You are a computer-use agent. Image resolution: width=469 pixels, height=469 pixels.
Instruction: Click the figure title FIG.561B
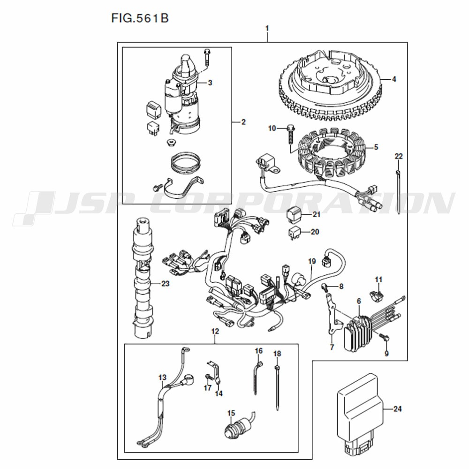coord(140,18)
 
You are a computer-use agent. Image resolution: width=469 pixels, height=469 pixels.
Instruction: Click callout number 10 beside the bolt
coord(272,129)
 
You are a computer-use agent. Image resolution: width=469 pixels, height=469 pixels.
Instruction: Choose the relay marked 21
coord(295,214)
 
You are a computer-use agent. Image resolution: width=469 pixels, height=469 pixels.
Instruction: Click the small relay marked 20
coord(295,233)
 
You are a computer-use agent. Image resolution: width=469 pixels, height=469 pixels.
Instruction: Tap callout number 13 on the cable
coord(162,378)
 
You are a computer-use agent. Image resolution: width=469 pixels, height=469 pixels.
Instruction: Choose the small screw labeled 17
coord(209,378)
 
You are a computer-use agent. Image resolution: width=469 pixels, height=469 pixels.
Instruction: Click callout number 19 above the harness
coord(312,261)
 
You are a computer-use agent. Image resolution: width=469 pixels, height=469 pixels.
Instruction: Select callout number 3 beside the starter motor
coord(210,82)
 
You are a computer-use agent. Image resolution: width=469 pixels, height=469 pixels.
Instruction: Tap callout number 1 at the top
coord(267,29)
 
